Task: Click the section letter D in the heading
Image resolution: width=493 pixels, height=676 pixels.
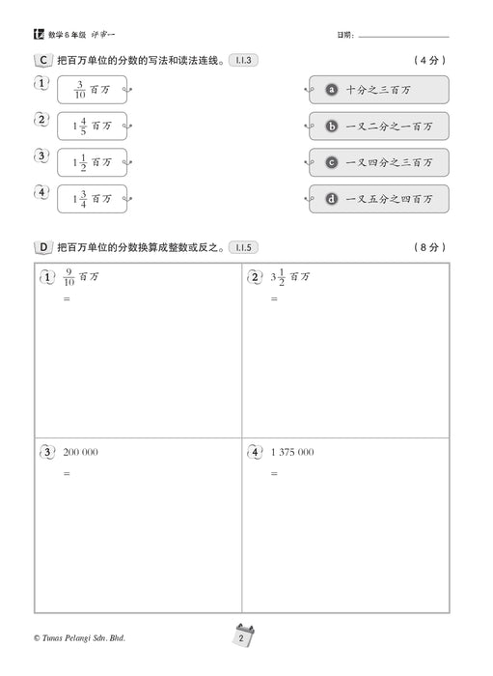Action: tap(42, 247)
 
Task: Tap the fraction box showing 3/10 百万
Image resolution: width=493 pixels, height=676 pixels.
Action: tap(93, 90)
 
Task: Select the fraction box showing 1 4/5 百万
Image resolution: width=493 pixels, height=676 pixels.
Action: tap(93, 127)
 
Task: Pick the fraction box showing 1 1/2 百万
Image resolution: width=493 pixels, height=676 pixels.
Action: tap(93, 162)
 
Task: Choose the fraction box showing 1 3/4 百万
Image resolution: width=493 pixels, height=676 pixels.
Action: tap(93, 199)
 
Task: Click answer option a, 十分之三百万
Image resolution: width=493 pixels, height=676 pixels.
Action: tap(378, 90)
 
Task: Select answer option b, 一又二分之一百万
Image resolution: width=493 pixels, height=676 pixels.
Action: tap(378, 127)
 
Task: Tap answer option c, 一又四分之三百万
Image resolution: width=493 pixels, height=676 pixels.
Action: tap(378, 162)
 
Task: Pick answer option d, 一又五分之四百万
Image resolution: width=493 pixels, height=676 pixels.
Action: tap(378, 199)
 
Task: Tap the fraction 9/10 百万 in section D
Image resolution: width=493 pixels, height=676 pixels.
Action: tap(82, 276)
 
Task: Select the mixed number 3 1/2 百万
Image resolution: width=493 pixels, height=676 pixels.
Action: tap(289, 276)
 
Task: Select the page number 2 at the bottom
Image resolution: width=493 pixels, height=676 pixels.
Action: tap(245, 636)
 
